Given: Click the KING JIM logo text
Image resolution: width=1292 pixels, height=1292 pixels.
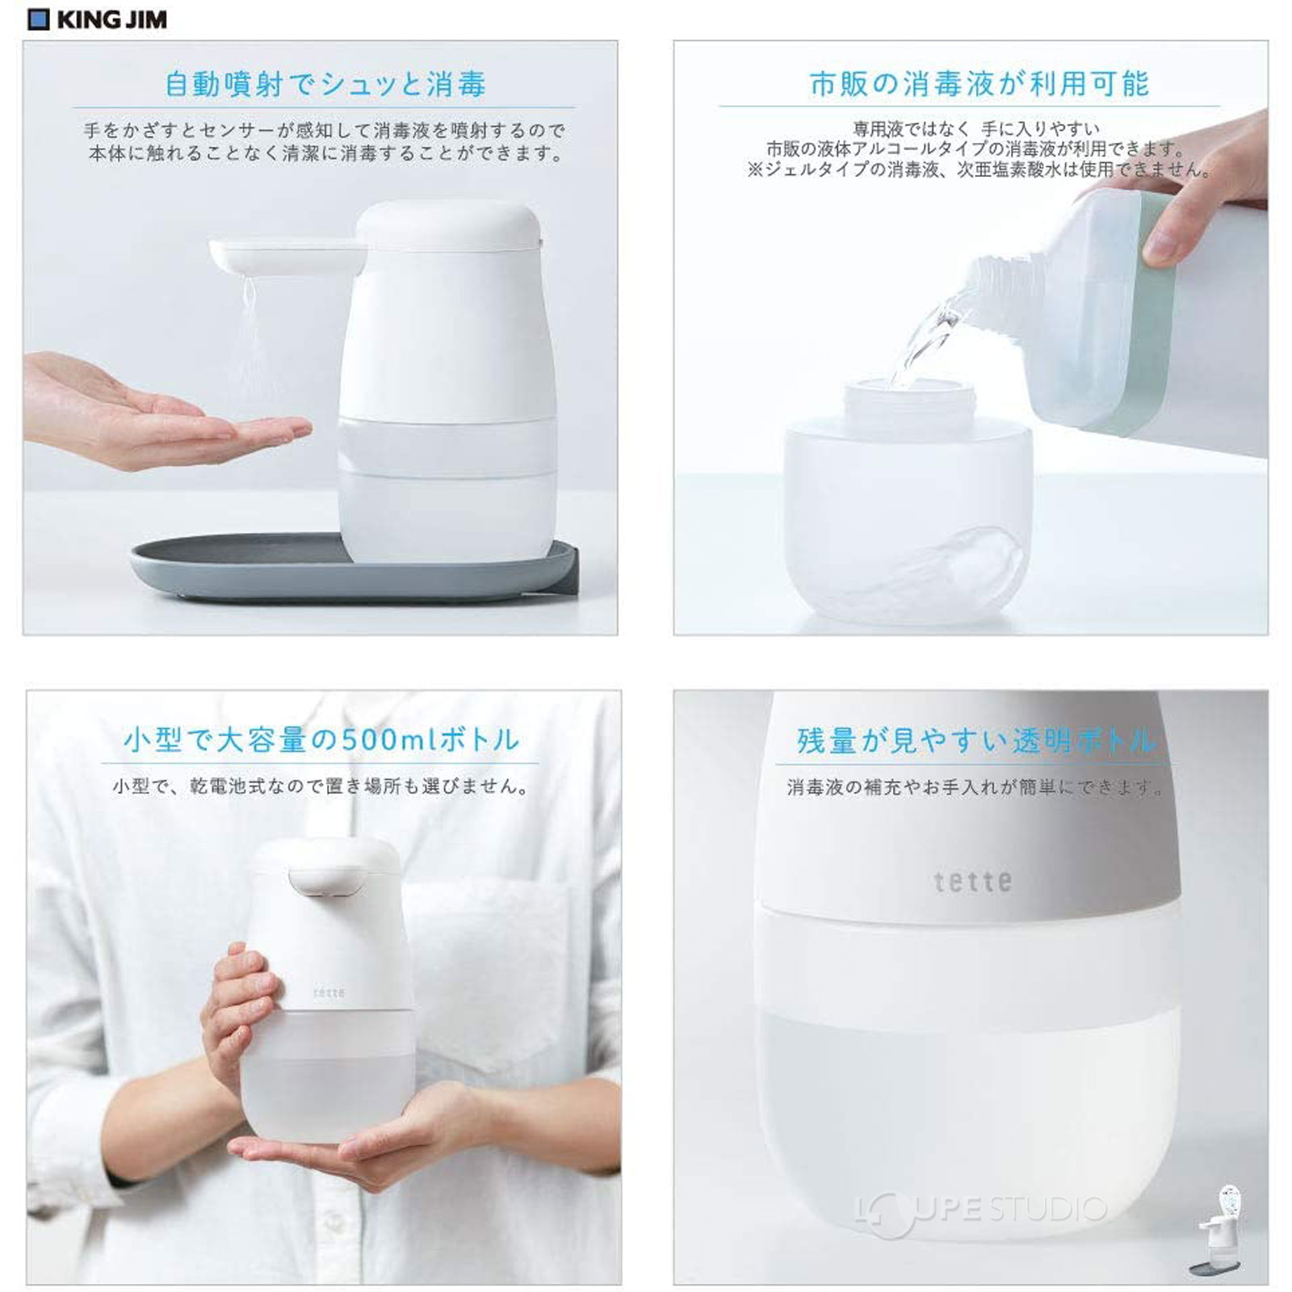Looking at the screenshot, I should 111,19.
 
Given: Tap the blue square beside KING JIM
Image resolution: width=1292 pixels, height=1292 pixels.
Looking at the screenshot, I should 38,19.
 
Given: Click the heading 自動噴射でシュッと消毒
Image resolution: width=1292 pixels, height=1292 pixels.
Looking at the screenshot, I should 325,84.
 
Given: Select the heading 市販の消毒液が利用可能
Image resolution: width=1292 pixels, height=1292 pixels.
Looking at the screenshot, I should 979,83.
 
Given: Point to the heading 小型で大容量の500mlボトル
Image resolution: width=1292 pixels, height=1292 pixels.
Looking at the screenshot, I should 321,740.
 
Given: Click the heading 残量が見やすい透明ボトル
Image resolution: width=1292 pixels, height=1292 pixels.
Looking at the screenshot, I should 975,740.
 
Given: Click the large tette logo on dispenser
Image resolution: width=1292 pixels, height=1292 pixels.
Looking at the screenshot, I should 972,881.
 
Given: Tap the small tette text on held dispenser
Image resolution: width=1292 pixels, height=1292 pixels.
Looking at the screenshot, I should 329,992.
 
